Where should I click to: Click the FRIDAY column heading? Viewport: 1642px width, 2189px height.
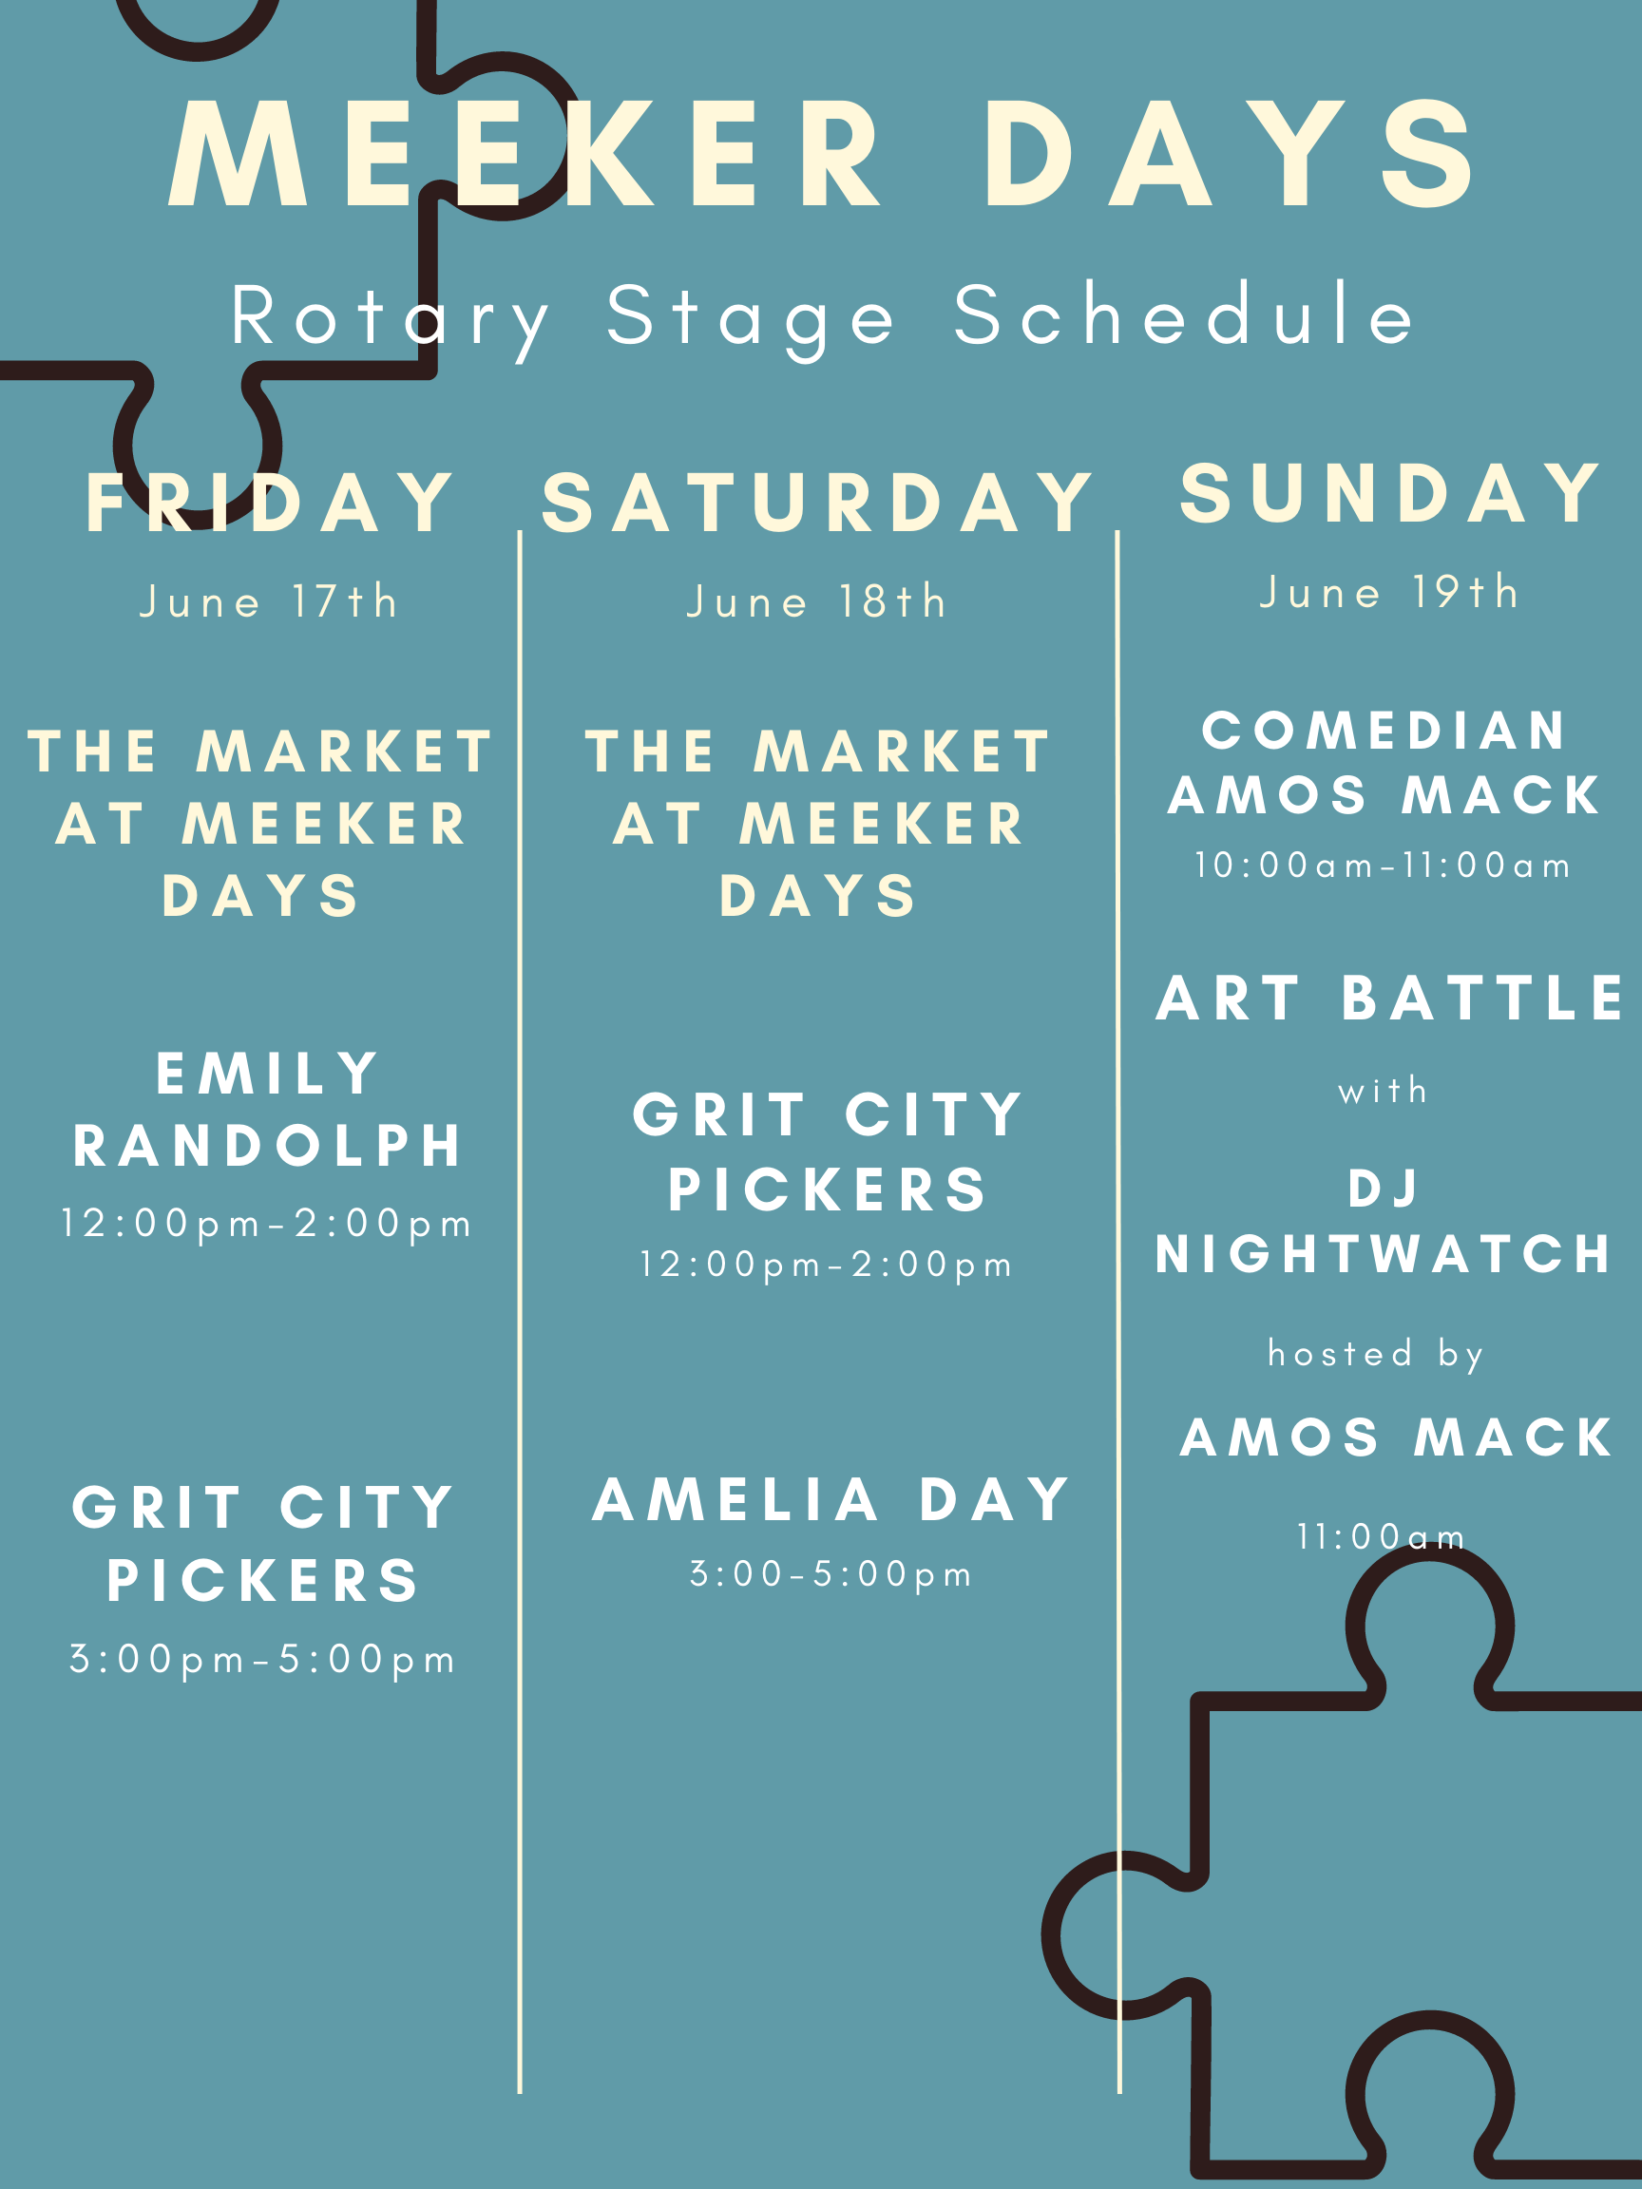pos(269,503)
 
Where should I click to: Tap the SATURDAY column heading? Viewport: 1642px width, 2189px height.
pos(817,503)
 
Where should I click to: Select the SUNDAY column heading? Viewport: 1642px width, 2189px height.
pos(1389,493)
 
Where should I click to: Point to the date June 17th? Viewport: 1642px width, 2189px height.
pos(269,600)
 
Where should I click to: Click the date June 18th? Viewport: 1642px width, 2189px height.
pos(817,600)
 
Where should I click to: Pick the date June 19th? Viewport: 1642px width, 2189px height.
pos(1389,592)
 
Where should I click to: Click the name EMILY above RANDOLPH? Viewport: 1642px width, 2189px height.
pos(267,1073)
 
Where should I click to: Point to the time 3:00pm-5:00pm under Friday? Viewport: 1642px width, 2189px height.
pos(262,1660)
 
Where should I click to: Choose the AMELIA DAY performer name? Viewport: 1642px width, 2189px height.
pos(831,1499)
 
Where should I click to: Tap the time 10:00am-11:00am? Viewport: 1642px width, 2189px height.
pos(1383,865)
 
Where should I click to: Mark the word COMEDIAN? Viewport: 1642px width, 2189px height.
pos(1384,731)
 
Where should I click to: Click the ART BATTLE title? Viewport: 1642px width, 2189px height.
pos(1389,998)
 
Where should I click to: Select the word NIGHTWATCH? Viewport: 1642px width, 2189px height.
pos(1384,1254)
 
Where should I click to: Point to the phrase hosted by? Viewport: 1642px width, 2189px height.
pos(1376,1354)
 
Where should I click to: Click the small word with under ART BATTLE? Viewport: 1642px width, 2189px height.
pos(1383,1091)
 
